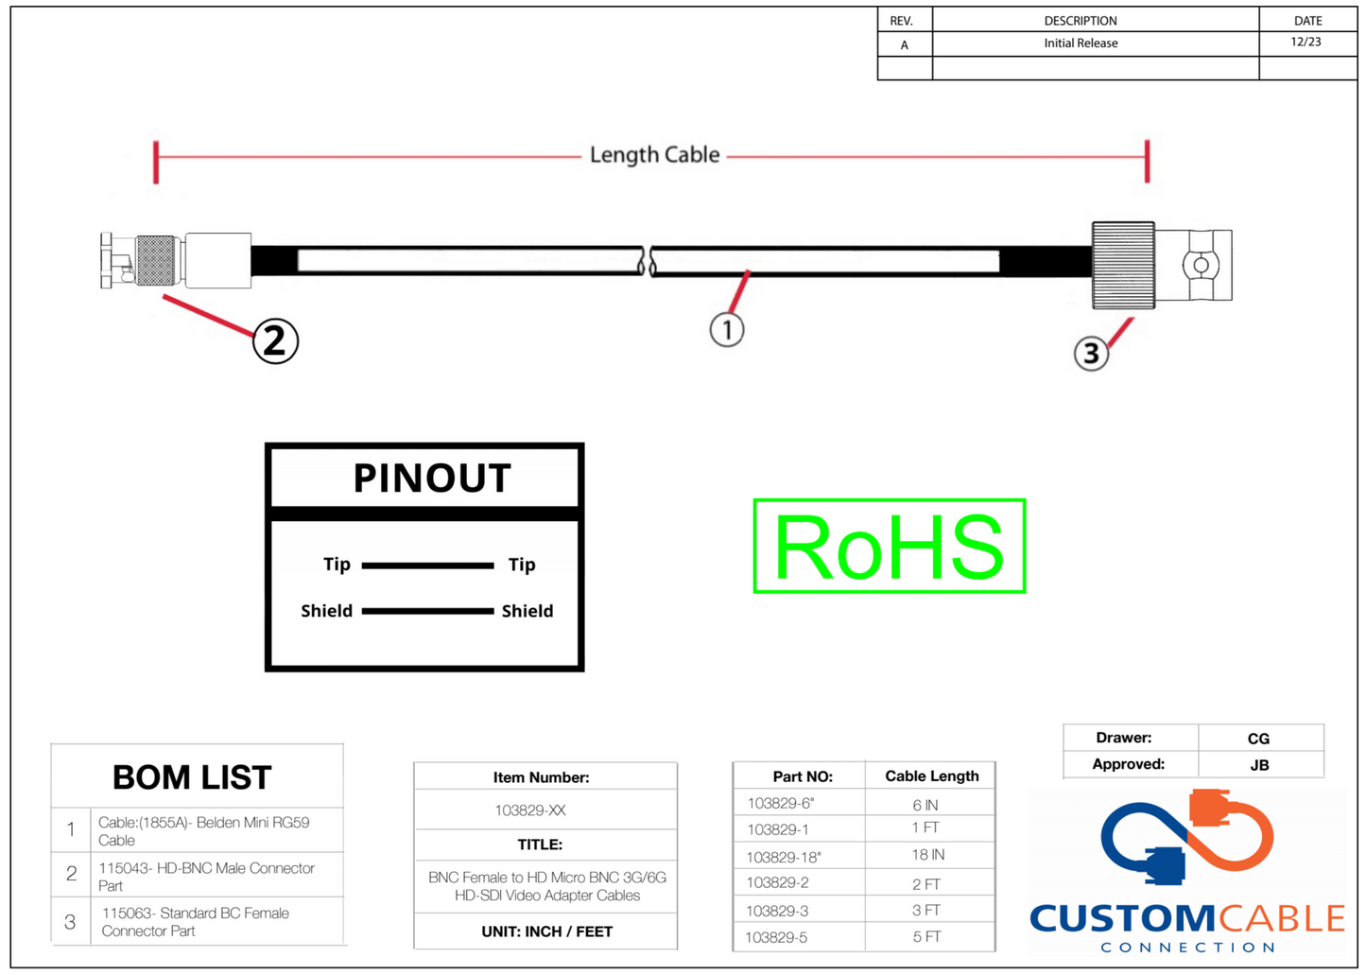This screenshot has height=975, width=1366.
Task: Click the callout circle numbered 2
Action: [x=275, y=340]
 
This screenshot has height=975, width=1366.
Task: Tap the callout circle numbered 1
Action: [x=727, y=330]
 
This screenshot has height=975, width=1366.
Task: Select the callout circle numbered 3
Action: [x=1091, y=354]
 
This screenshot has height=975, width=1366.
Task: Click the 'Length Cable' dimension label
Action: [x=654, y=155]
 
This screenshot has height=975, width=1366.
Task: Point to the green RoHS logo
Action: [x=889, y=547]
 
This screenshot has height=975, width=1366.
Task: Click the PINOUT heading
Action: [x=432, y=479]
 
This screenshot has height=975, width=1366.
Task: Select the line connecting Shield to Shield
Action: [x=427, y=611]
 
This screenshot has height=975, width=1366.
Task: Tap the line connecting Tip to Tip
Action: [x=427, y=566]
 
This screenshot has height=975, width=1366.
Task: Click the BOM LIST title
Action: [x=192, y=777]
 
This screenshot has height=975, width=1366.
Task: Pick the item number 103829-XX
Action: [x=530, y=810]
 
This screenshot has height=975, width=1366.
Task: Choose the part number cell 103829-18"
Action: [x=784, y=858]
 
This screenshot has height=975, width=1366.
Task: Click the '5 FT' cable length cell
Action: [x=926, y=937]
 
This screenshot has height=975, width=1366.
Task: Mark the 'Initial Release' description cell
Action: [x=1081, y=44]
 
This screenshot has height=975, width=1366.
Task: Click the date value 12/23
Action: [x=1305, y=43]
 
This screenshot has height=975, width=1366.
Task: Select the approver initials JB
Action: [x=1259, y=765]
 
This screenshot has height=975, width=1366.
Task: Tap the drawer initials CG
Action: [x=1258, y=739]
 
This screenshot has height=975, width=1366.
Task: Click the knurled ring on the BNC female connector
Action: [x=1123, y=265]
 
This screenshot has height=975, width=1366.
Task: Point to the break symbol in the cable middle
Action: [x=648, y=261]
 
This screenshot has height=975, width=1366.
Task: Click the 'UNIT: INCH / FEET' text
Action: [x=546, y=931]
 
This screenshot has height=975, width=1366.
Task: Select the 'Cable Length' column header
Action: [x=931, y=776]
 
